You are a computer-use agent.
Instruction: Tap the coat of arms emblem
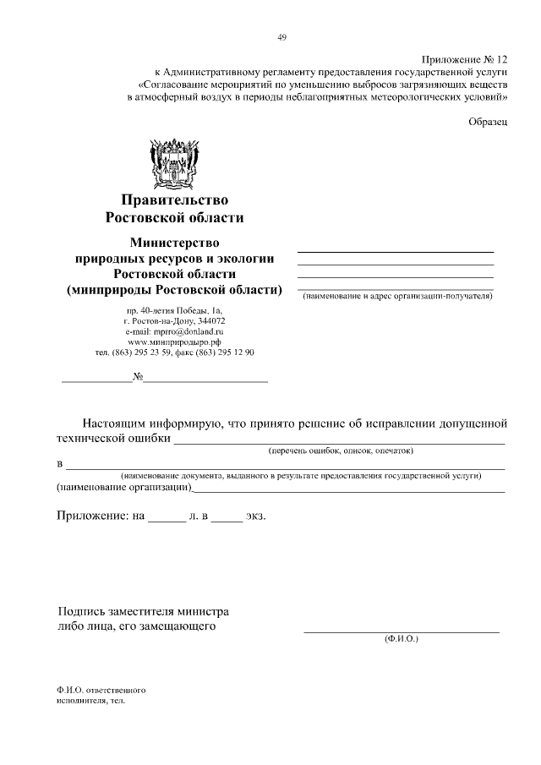tap(174, 161)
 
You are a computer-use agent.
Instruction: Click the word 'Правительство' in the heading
tap(175, 200)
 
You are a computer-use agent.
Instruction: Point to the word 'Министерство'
tap(174, 243)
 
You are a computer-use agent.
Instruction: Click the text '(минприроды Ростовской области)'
tap(174, 291)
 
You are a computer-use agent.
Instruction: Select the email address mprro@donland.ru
tap(179, 332)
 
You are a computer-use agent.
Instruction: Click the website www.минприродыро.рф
tap(174, 342)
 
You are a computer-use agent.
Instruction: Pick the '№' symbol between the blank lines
tap(137, 377)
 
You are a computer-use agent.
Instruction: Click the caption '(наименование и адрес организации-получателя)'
tap(397, 297)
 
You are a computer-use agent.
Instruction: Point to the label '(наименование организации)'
tap(123, 488)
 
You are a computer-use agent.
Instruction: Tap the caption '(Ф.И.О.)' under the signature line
tap(401, 639)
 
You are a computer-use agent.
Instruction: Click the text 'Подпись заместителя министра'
tap(143, 611)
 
